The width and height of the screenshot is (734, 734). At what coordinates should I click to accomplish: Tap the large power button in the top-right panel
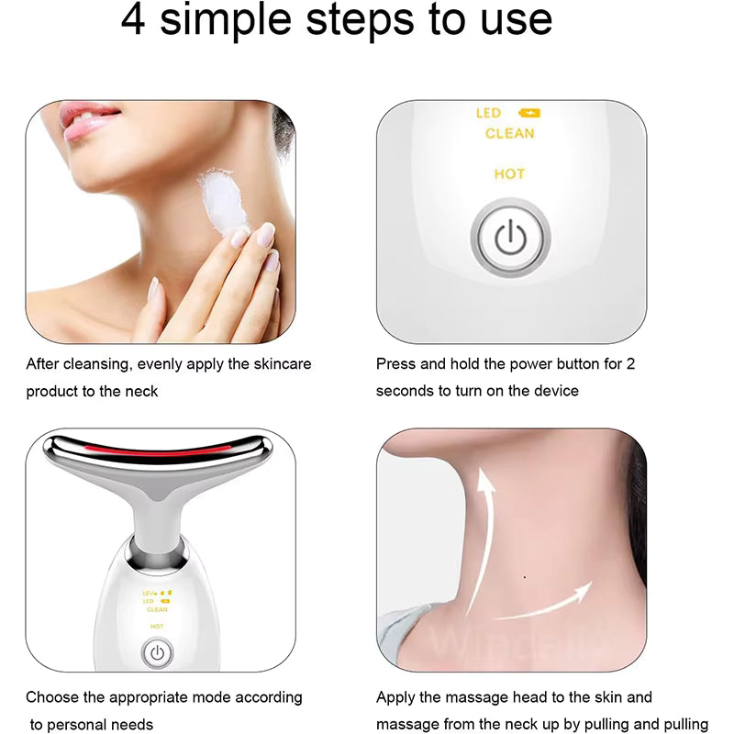(510, 239)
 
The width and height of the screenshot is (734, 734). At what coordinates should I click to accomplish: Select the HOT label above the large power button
(509, 174)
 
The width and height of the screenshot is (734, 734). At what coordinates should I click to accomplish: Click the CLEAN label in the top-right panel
(509, 134)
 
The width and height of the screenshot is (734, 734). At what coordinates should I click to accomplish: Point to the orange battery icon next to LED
(529, 114)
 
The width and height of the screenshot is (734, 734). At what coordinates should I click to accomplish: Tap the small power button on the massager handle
(157, 653)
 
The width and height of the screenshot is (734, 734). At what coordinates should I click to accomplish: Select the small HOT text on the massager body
(157, 626)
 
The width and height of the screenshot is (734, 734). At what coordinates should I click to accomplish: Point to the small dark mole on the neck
(524, 577)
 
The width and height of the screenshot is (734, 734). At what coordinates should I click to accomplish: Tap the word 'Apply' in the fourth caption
(396, 698)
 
